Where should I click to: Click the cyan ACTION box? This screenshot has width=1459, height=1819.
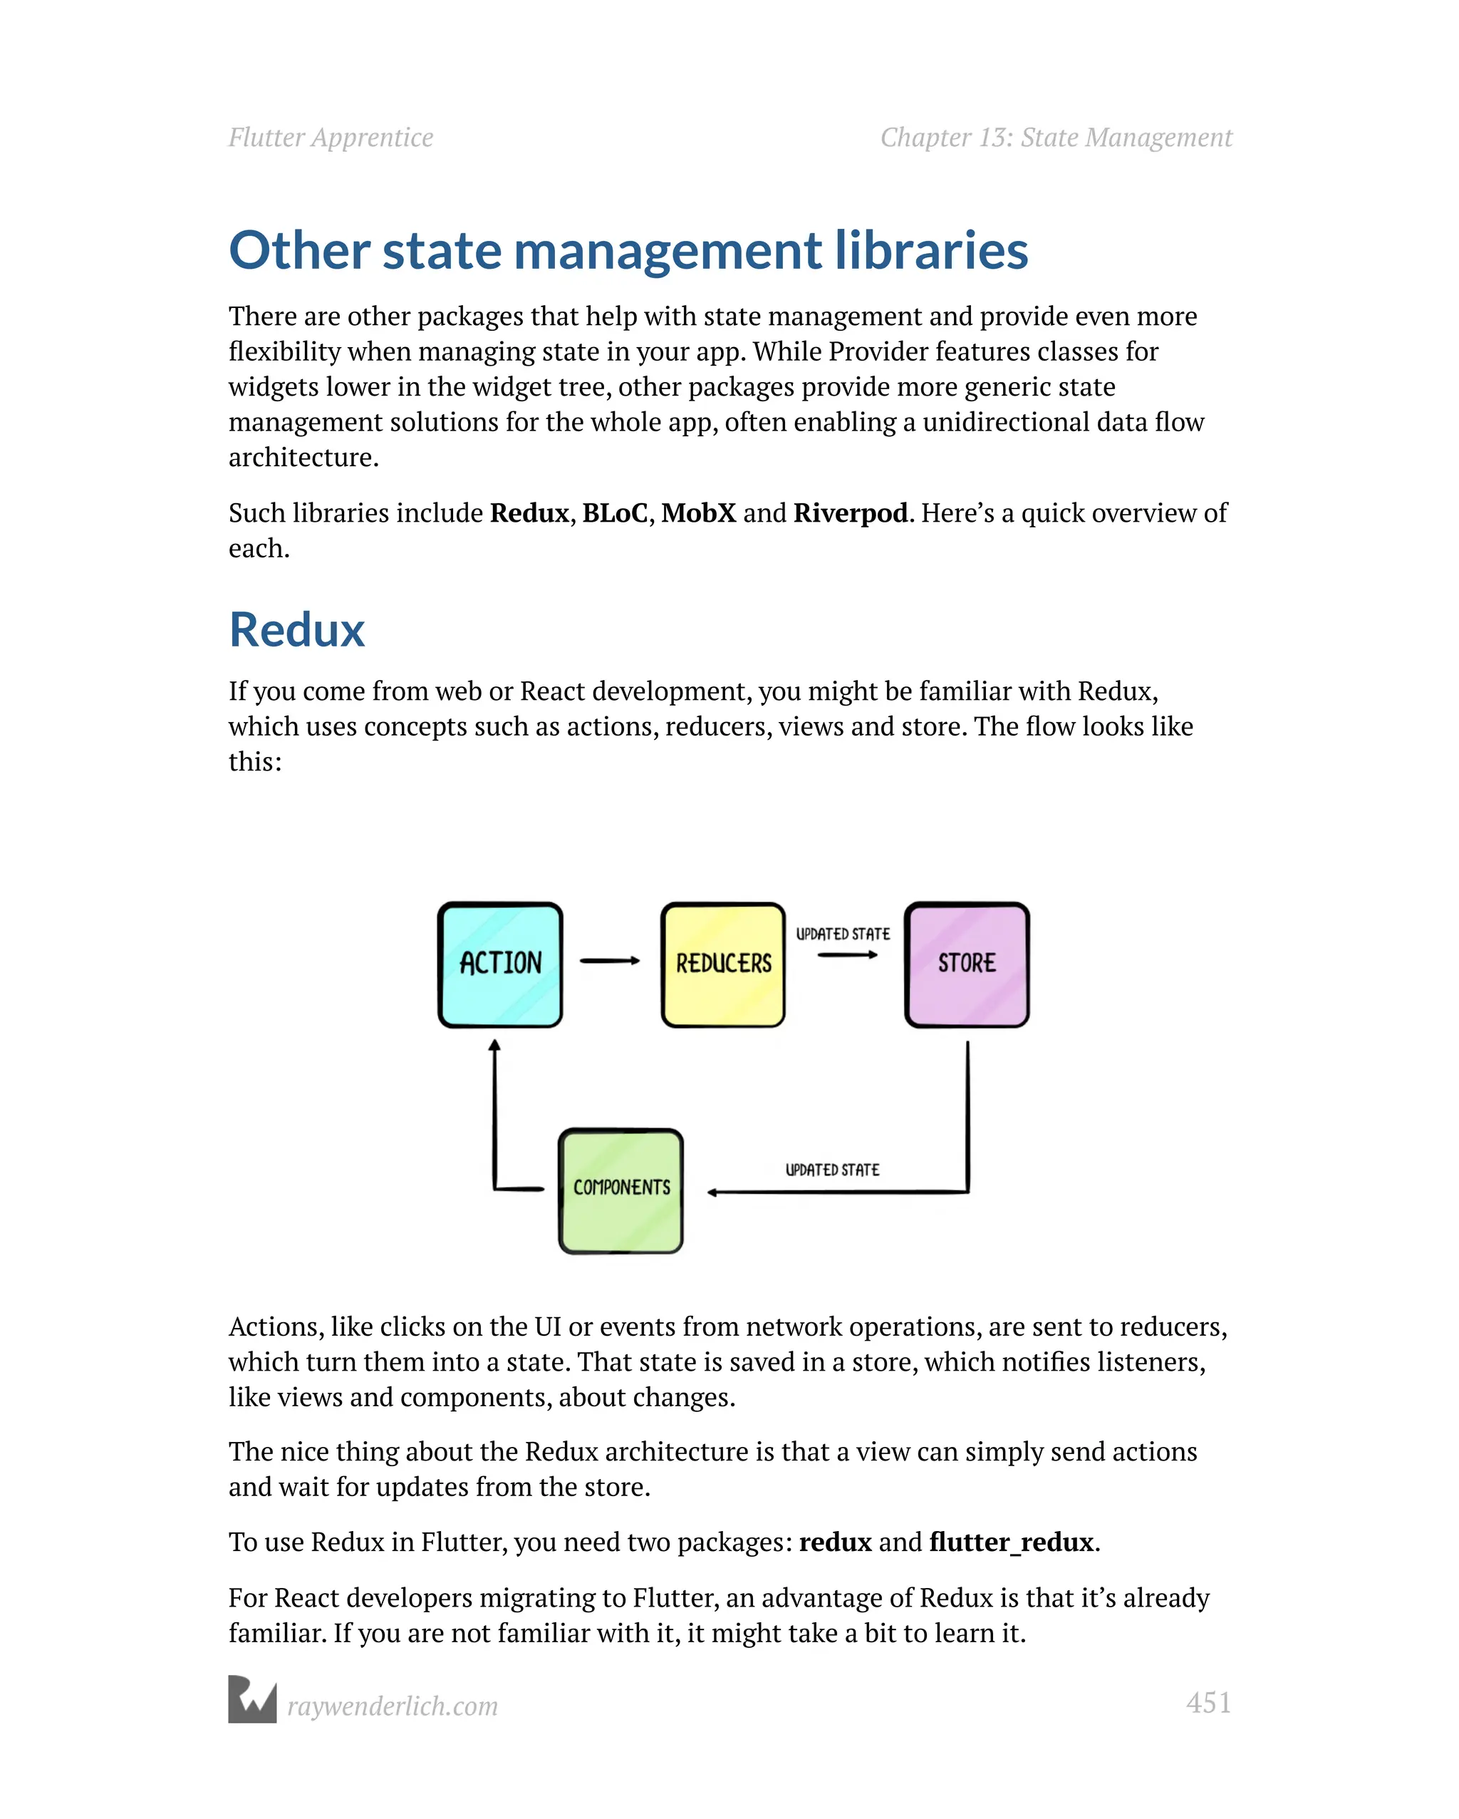pyautogui.click(x=500, y=964)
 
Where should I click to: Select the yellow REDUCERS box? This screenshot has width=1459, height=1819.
pyautogui.click(x=723, y=964)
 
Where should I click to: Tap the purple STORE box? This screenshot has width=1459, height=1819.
pyautogui.click(x=967, y=964)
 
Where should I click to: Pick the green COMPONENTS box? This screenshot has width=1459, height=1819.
pyautogui.click(x=621, y=1190)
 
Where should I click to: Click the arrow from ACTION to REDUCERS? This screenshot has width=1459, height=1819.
pyautogui.click(x=609, y=960)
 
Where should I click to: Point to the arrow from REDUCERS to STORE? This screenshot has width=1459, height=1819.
pyautogui.click(x=847, y=955)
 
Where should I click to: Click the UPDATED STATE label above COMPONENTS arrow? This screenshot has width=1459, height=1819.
pyautogui.click(x=832, y=1170)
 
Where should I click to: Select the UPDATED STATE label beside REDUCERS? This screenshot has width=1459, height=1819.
pyautogui.click(x=843, y=934)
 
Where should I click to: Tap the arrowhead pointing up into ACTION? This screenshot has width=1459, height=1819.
pyautogui.click(x=495, y=1046)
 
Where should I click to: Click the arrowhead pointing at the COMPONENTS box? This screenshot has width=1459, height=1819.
pyautogui.click(x=712, y=1192)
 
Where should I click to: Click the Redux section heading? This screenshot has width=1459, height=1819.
pyautogui.click(x=297, y=629)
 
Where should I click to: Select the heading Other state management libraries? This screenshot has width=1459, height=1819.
pyautogui.click(x=628, y=251)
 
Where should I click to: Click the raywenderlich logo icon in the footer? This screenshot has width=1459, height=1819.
pyautogui.click(x=252, y=1699)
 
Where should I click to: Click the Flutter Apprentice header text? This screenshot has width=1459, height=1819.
pyautogui.click(x=331, y=138)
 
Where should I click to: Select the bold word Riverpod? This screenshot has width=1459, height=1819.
pyautogui.click(x=850, y=513)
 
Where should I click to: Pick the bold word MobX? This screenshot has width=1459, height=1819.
pyautogui.click(x=698, y=513)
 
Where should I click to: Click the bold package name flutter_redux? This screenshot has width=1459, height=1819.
pyautogui.click(x=1011, y=1542)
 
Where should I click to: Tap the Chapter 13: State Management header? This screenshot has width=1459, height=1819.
pyautogui.click(x=1056, y=138)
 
